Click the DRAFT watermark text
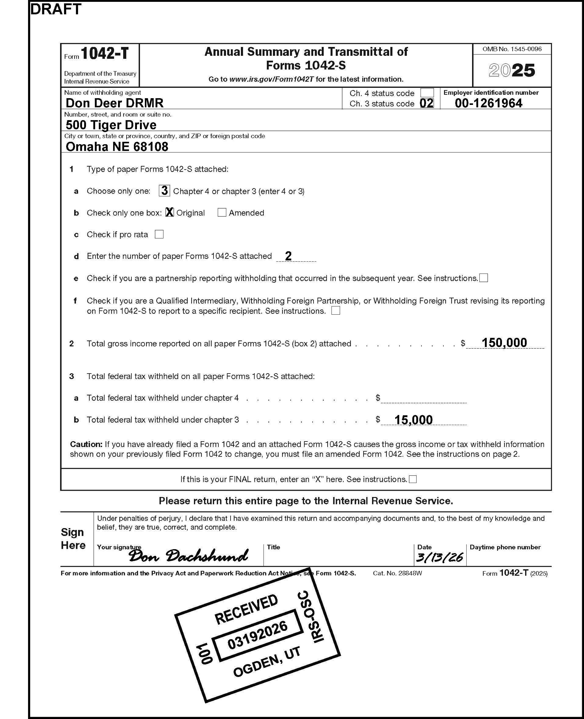coord(56,9)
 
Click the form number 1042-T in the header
coord(105,53)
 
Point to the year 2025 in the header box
coord(512,70)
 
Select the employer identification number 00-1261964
coord(489,103)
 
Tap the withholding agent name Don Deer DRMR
coord(114,103)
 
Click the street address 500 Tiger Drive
coord(111,125)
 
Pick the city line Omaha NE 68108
coord(117,147)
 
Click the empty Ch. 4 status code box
coord(427,93)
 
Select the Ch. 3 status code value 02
coord(427,103)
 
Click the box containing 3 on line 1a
coord(164,191)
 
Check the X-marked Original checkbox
coord(170,212)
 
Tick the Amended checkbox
coord(222,213)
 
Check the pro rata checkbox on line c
coord(159,234)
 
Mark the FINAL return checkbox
coord(413,479)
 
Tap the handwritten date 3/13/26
coord(439,557)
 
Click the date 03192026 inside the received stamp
coord(257,635)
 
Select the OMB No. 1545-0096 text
coord(512,49)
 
